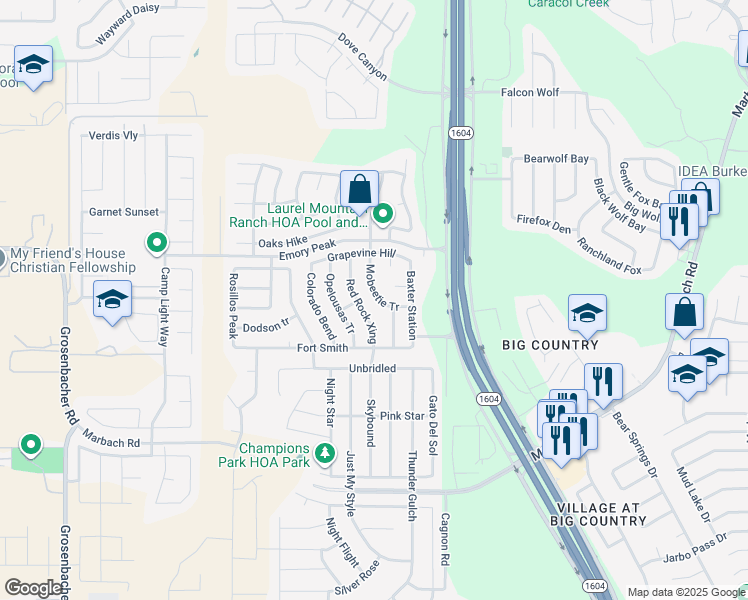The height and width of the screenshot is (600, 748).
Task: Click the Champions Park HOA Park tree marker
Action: click(324, 454)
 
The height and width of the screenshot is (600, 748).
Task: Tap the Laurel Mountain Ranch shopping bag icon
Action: click(359, 188)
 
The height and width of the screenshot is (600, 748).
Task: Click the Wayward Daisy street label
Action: click(128, 24)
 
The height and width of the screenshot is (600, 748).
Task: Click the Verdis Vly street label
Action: click(113, 136)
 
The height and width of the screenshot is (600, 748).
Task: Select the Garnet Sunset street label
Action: click(124, 212)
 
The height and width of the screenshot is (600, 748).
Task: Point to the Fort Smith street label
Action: click(322, 348)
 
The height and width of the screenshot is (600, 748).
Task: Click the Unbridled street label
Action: click(372, 368)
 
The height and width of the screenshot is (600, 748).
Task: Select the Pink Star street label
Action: click(402, 416)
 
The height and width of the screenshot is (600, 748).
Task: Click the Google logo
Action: click(33, 587)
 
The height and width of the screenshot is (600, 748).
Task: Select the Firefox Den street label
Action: click(544, 224)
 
